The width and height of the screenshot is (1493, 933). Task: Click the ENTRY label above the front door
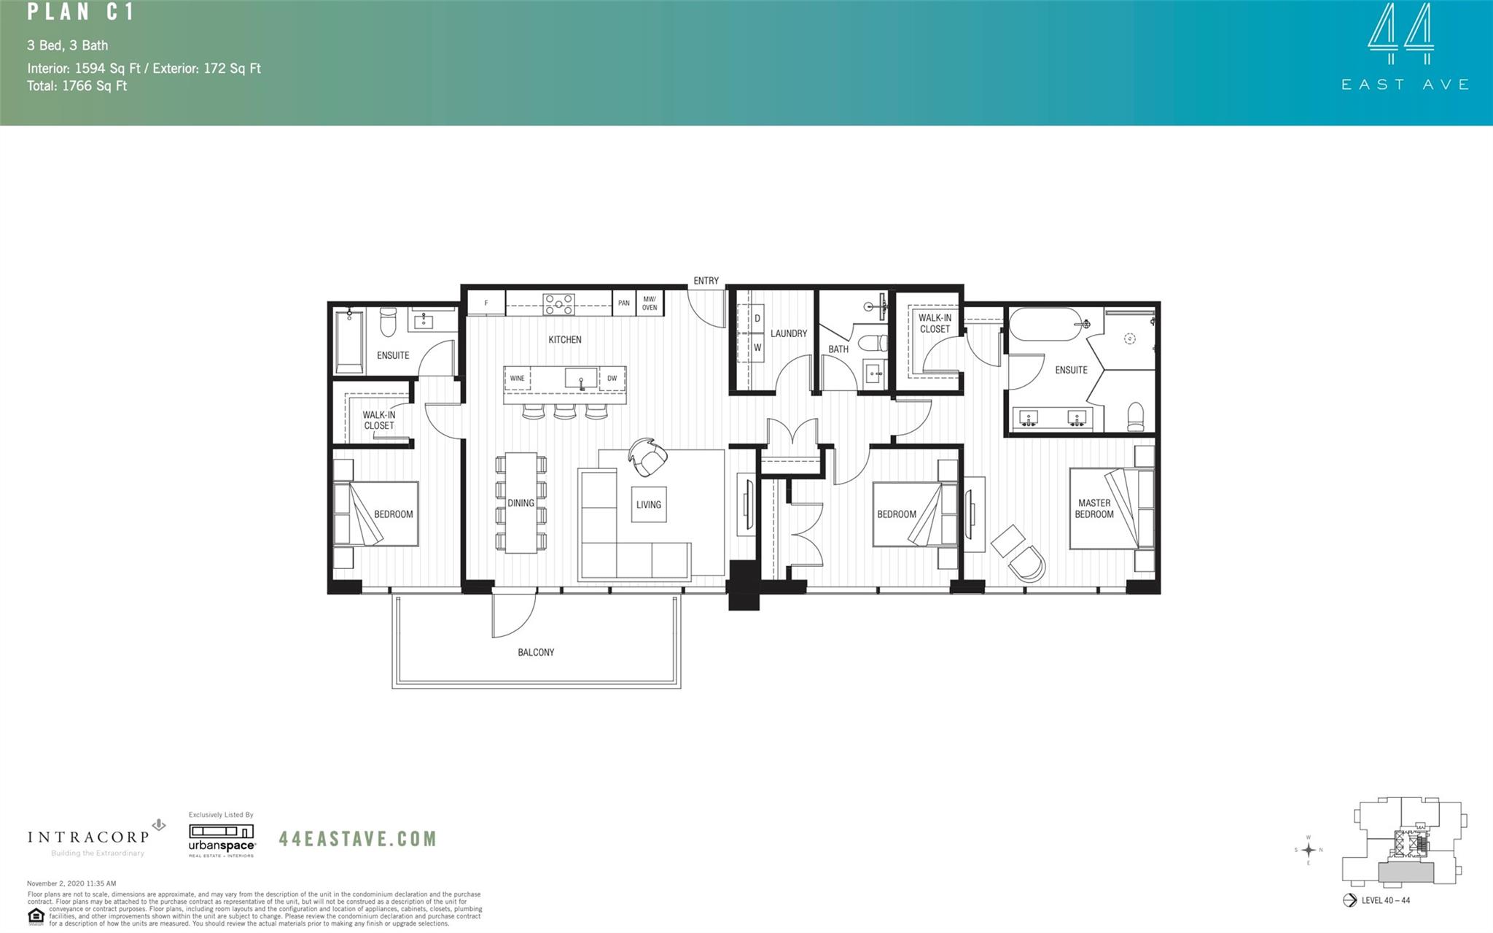tap(705, 281)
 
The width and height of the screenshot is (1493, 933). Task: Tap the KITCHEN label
tap(565, 339)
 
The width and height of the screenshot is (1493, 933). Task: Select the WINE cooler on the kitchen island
tap(517, 379)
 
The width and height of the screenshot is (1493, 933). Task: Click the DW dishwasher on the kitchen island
tap(612, 379)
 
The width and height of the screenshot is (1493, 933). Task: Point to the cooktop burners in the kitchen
tap(558, 303)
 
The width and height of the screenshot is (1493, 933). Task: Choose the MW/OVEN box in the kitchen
tap(650, 303)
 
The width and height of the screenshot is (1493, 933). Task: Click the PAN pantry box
tap(623, 303)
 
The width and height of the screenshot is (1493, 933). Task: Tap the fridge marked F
tap(486, 303)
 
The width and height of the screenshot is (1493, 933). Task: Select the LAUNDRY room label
tap(789, 333)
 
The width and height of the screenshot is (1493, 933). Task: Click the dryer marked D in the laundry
tap(757, 319)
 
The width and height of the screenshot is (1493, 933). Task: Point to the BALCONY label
tap(536, 652)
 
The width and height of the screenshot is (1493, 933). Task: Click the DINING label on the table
tap(521, 503)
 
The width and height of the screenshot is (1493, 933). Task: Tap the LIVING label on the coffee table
tap(648, 504)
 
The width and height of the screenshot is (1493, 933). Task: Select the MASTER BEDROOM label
tap(1094, 508)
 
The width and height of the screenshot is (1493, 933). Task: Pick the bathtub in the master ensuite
tap(1044, 325)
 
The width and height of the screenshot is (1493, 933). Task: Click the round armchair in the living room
tap(648, 457)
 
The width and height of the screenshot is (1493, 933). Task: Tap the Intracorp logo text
tap(87, 837)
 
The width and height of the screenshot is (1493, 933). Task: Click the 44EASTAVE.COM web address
tap(357, 839)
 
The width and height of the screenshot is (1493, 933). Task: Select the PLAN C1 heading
tap(80, 12)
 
